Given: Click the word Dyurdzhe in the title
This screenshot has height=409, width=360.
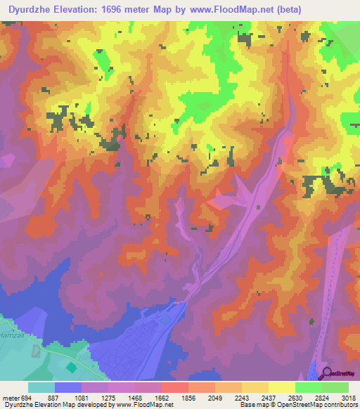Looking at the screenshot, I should click(x=30, y=10).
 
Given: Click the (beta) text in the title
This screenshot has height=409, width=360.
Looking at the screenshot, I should click(x=289, y=10).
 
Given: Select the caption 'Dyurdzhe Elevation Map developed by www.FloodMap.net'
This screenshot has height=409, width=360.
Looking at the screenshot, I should click(x=87, y=404).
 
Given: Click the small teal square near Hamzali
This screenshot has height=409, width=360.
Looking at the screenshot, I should click(x=70, y=367).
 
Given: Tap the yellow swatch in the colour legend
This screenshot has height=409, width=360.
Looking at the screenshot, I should click(x=282, y=387).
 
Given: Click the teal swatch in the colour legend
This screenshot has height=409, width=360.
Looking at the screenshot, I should click(x=41, y=387).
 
